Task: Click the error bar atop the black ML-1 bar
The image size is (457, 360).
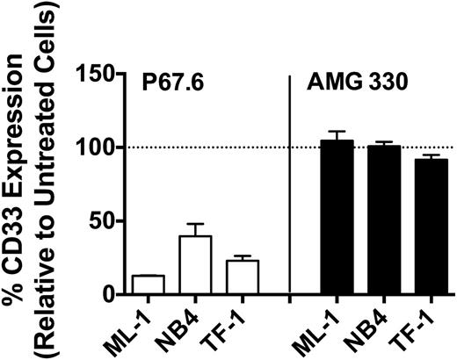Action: click(338, 135)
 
